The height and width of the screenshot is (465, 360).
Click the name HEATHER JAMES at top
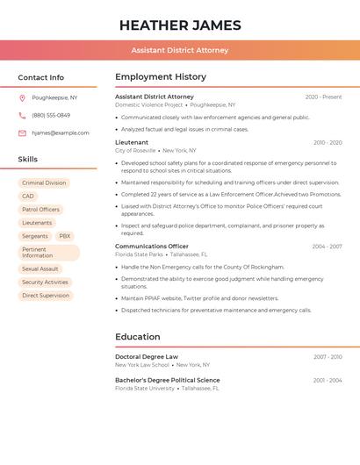pos(180,25)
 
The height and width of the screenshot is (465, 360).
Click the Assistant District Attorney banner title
pos(180,50)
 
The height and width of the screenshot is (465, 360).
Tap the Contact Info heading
pos(40,77)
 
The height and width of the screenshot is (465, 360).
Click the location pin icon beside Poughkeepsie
pos(22,98)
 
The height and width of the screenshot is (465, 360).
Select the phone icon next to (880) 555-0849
pos(22,116)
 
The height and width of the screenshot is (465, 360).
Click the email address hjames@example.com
pos(61,133)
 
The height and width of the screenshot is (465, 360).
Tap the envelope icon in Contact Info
pos(22,133)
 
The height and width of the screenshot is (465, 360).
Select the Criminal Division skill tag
pos(44,183)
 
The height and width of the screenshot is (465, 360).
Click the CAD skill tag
pos(28,197)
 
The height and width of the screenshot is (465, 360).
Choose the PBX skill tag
pos(65,236)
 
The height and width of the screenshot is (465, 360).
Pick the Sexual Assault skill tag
pos(40,269)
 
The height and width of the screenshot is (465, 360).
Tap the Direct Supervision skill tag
pos(46,296)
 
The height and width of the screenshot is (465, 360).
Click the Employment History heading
pos(161,77)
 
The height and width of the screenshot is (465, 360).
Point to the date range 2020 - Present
pos(323,97)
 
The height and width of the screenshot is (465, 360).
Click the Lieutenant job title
pos(132,142)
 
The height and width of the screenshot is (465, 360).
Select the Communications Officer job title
pos(152,247)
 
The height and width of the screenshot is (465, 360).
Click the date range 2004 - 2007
pos(327,247)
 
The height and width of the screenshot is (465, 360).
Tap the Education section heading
pos(138,337)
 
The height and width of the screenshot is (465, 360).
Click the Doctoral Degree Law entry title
pos(147,357)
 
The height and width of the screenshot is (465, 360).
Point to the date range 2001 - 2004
pos(328,380)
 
